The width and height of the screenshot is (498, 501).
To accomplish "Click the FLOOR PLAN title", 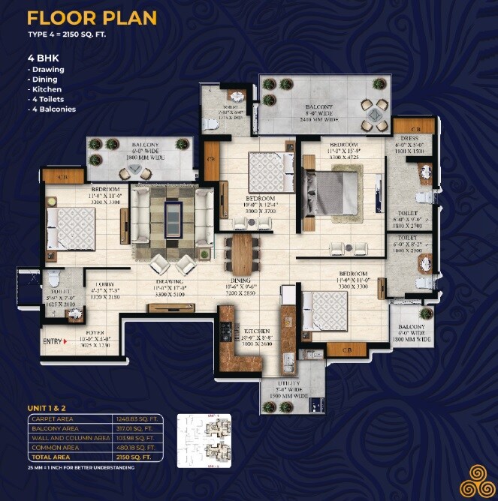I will [92, 18].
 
